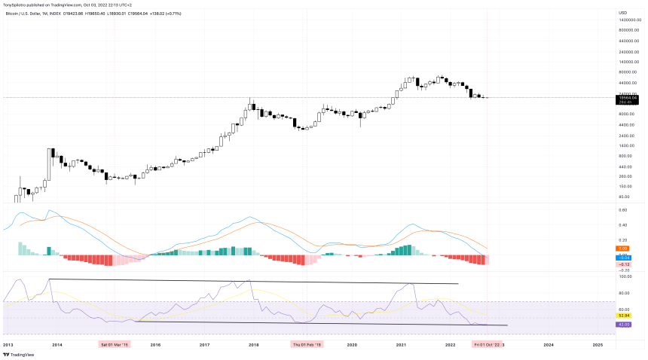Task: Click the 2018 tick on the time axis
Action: coord(254,344)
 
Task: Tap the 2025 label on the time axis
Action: coord(598,344)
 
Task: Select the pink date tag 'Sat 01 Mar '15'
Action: coord(115,344)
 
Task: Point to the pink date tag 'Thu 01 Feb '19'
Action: coord(307,344)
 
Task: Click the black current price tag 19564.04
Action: coord(628,97)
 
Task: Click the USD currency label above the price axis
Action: coord(622,13)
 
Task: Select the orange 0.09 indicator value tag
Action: coord(623,249)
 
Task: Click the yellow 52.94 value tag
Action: coord(625,316)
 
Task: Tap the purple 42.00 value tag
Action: coord(625,325)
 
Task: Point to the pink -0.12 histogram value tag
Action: coord(625,264)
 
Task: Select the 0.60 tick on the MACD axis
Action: coord(623,210)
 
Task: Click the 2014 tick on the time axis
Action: coord(57,344)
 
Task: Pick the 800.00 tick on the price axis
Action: coord(625,156)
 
